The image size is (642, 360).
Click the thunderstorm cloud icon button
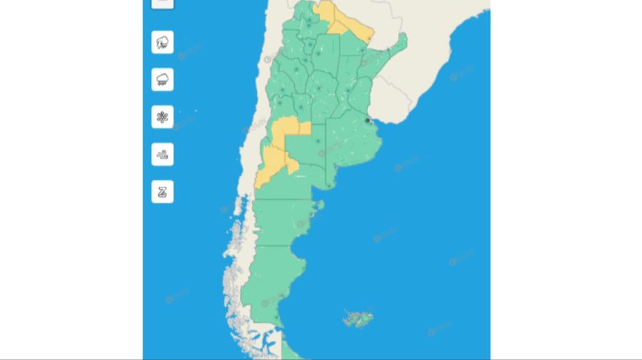[x=163, y=42]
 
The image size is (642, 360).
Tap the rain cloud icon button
[x=163, y=79]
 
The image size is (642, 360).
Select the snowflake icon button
[x=163, y=117]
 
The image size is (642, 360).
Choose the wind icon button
[x=163, y=154]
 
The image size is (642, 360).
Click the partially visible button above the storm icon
[x=163, y=3]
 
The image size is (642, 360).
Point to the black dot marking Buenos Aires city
[x=367, y=120]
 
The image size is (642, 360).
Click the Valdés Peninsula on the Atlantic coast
[x=320, y=207]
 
